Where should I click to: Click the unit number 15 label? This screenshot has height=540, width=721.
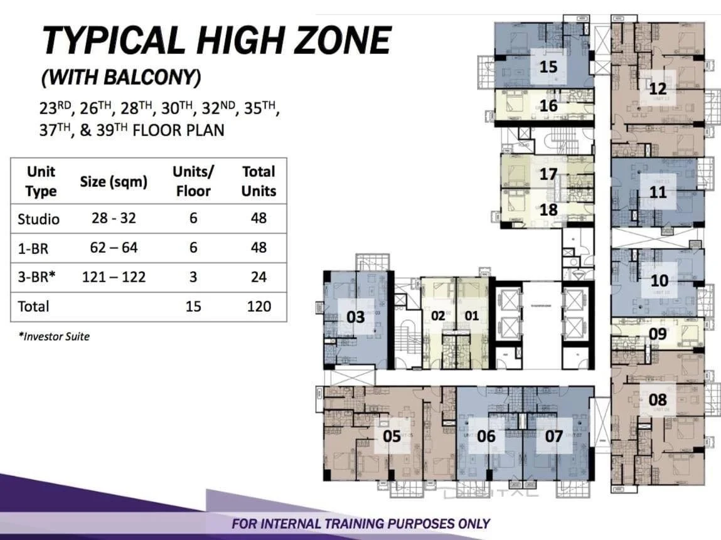pyautogui.click(x=548, y=66)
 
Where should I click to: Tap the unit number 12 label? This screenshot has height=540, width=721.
pyautogui.click(x=658, y=89)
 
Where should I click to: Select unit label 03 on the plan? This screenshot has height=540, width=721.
pyautogui.click(x=355, y=317)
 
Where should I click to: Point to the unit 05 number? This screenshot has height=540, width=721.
pyautogui.click(x=392, y=435)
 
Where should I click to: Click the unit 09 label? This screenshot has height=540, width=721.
pyautogui.click(x=658, y=334)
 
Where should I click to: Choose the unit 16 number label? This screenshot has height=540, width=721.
pyautogui.click(x=548, y=106)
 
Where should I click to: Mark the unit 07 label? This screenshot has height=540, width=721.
pyautogui.click(x=553, y=436)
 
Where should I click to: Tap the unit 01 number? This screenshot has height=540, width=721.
pyautogui.click(x=472, y=315)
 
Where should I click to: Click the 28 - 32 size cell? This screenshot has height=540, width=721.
pyautogui.click(x=114, y=218)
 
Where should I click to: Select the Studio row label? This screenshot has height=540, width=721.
pyautogui.click(x=39, y=219)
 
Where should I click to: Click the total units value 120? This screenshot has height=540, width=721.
pyautogui.click(x=259, y=306)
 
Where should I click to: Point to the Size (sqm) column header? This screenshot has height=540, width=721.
pyautogui.click(x=114, y=182)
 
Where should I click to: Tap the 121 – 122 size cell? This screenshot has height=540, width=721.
pyautogui.click(x=114, y=277)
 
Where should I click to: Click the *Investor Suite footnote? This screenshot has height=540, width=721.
pyautogui.click(x=54, y=337)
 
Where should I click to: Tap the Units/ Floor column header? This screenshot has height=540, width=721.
pyautogui.click(x=193, y=181)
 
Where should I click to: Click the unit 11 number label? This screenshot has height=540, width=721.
pyautogui.click(x=658, y=192)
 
